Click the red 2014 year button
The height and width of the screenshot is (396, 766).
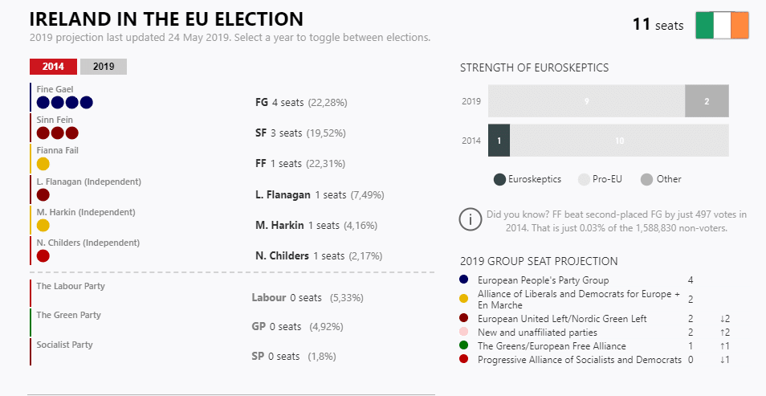[53, 67]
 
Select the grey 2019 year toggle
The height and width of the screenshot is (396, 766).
[104, 67]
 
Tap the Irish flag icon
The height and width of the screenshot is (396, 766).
[722, 25]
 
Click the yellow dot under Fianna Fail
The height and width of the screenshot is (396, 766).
[43, 164]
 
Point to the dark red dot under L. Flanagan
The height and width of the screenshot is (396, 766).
[43, 194]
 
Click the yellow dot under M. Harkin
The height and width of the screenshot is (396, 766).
[43, 226]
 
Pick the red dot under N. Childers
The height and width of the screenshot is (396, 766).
[43, 256]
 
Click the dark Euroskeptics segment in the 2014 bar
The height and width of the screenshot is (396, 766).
[499, 141]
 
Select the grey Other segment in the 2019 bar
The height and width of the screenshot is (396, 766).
[707, 101]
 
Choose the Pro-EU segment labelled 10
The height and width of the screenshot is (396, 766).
[619, 141]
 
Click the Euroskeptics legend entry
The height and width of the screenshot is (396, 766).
[528, 179]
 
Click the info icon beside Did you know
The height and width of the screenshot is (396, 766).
[470, 219]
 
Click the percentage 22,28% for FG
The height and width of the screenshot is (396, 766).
[328, 103]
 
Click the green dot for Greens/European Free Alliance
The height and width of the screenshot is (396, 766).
[464, 345]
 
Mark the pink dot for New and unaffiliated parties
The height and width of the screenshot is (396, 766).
[464, 332]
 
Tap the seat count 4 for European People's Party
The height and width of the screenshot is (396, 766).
[691, 280]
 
